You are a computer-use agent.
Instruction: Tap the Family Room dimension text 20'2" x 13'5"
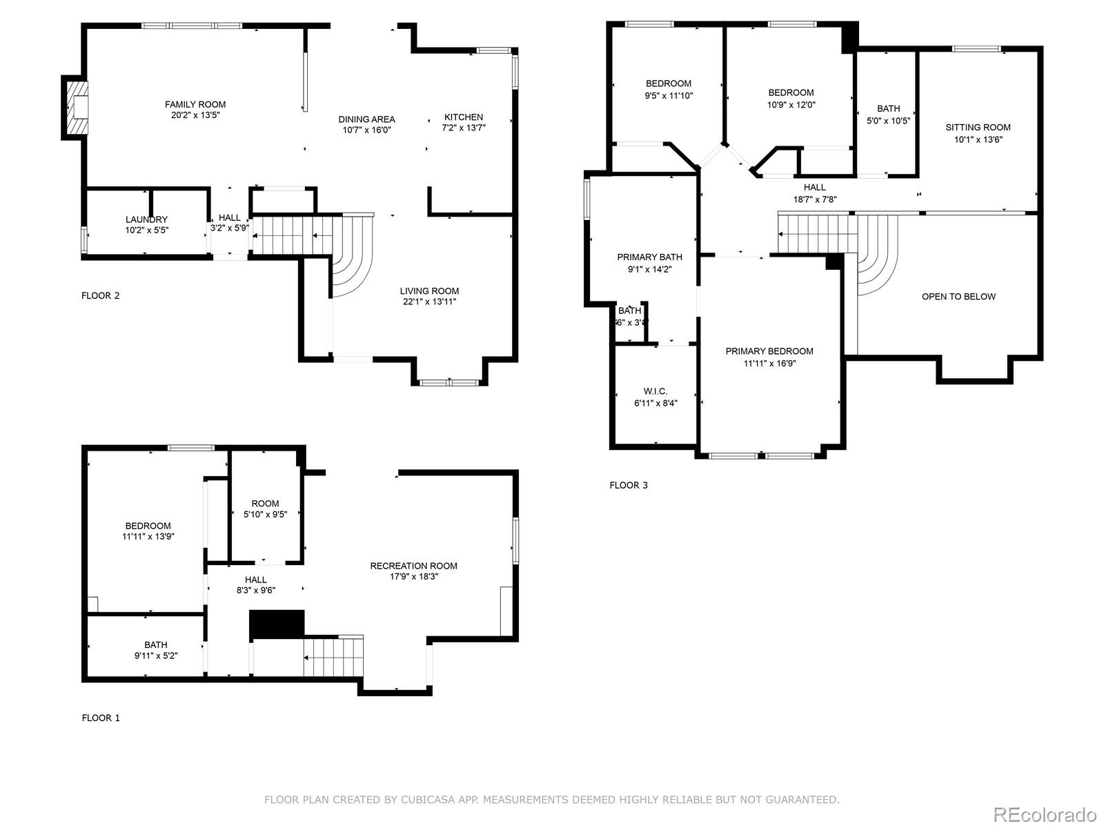195,115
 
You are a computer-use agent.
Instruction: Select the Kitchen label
464,117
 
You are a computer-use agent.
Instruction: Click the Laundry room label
146,219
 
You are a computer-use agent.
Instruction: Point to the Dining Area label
366,119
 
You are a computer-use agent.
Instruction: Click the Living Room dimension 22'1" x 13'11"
429,302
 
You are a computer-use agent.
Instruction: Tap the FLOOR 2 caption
101,295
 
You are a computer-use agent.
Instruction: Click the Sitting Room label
978,127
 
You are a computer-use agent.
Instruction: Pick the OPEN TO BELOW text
958,297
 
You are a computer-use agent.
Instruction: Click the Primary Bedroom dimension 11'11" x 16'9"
769,363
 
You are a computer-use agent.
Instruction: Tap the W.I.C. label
655,391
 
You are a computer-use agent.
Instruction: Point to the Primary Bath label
649,257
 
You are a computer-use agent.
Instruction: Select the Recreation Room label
413,566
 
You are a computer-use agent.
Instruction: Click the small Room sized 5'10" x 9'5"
265,509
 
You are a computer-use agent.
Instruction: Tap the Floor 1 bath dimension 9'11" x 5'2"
156,655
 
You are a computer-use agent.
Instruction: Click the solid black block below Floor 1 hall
277,624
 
